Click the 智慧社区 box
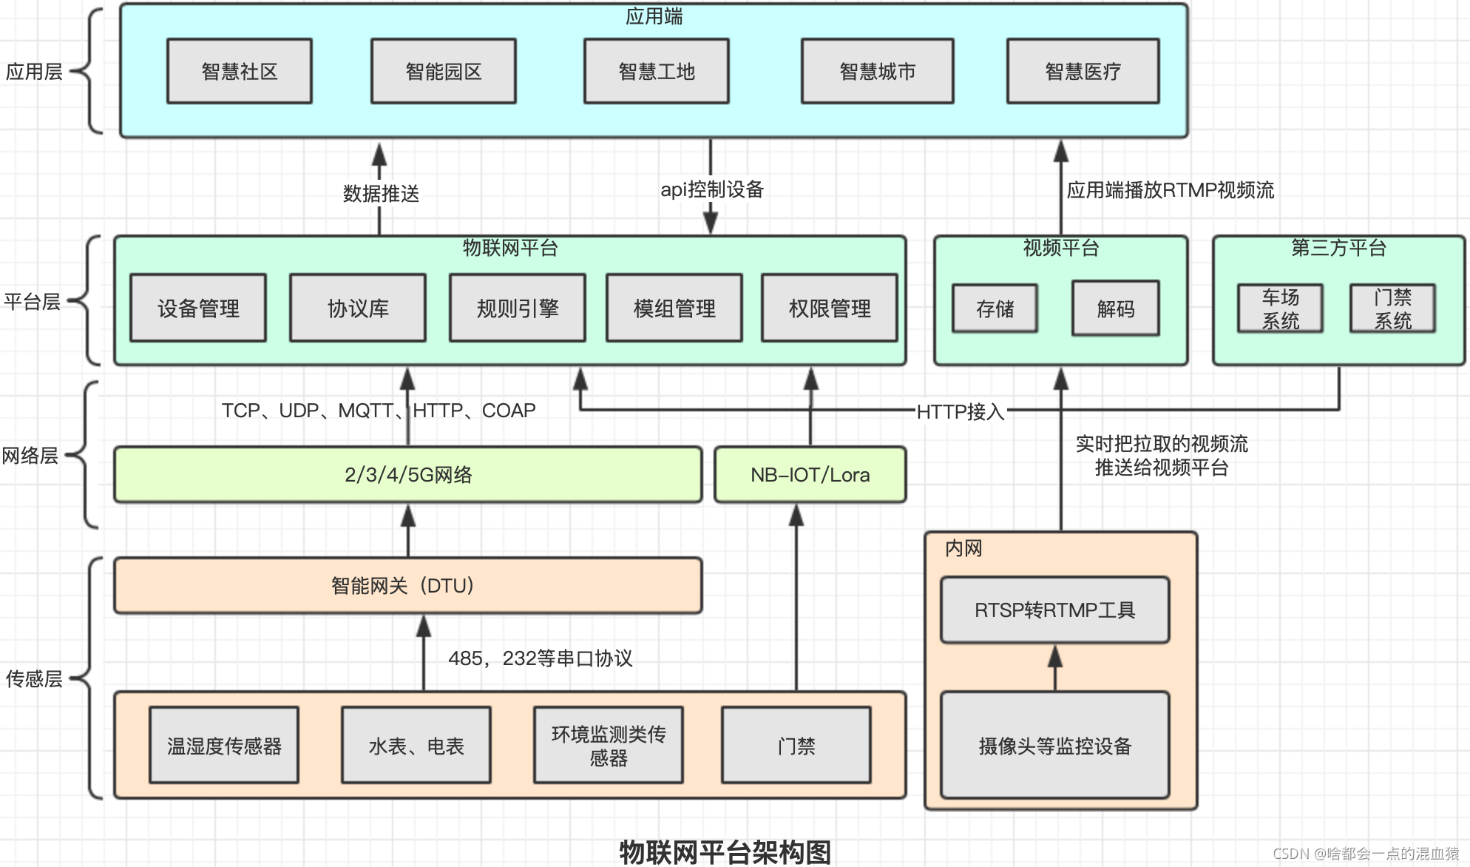pos(239,71)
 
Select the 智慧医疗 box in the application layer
pos(1083,71)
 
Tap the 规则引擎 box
pos(517,308)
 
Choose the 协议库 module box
pos(358,308)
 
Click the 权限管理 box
pos(829,308)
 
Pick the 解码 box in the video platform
pos(1115,308)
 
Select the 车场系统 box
pos(1280,308)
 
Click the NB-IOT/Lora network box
pos(810,474)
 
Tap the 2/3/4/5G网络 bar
pos(407,474)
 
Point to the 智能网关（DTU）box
pos(407,585)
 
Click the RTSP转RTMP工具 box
pos(1054,610)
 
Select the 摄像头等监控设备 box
pos(1054,745)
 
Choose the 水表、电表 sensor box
pos(416,745)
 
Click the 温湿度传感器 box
pos(224,745)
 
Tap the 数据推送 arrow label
pos(381,194)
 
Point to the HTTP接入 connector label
pos(960,411)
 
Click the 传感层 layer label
pos(33,678)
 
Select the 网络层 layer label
pos(30,455)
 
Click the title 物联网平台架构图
pos(725,851)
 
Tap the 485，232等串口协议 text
pos(540,658)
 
